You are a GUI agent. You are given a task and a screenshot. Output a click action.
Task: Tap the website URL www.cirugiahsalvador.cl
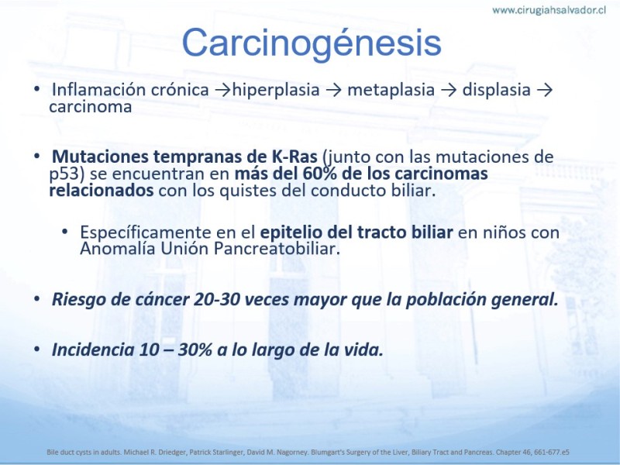pyautogui.click(x=549, y=10)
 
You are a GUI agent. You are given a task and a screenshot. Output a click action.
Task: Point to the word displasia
pyautogui.click(x=496, y=90)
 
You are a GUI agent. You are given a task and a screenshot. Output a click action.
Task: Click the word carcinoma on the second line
pyautogui.click(x=90, y=107)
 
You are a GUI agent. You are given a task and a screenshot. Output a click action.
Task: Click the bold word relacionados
pyautogui.click(x=102, y=190)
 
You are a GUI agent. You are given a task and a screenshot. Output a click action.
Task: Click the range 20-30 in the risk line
pyautogui.click(x=217, y=299)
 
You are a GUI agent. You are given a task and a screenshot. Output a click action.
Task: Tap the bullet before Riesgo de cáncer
pyautogui.click(x=36, y=298)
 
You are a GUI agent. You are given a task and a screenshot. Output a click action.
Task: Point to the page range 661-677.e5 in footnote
pyautogui.click(x=552, y=452)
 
